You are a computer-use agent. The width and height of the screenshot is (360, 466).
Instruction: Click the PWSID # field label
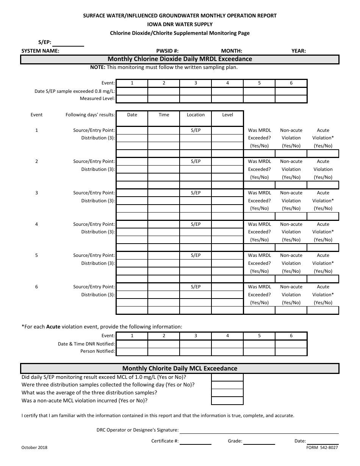(x=167, y=51)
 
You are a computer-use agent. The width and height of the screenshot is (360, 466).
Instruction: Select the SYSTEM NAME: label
(x=40, y=51)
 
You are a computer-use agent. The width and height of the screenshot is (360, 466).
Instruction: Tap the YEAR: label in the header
(x=299, y=51)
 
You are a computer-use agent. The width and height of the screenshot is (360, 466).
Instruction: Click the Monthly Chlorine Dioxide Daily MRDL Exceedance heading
(x=180, y=59)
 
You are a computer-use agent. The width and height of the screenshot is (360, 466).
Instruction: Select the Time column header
(x=164, y=115)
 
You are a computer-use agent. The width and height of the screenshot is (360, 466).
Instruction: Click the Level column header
(x=227, y=115)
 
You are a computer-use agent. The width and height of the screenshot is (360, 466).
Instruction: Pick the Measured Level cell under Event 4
(x=227, y=99)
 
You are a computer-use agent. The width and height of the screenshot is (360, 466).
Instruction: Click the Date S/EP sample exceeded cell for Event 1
(x=132, y=91)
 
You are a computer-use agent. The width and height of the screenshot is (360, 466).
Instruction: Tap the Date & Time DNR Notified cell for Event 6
(x=291, y=344)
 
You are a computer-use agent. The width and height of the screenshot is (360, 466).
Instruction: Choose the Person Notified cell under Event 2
(x=164, y=352)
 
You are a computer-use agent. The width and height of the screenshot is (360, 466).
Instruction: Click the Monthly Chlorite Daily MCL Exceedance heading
(x=180, y=368)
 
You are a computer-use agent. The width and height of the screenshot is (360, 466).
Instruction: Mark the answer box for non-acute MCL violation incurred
(x=227, y=401)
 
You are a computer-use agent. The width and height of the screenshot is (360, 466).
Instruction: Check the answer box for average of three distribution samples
(x=227, y=393)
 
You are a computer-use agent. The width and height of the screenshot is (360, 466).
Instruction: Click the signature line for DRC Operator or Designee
(x=259, y=430)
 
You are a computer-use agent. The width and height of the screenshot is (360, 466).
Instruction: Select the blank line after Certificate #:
(x=196, y=441)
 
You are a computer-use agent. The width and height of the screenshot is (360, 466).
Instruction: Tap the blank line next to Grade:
(x=259, y=441)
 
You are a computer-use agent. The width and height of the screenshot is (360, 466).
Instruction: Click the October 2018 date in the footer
(x=34, y=447)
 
